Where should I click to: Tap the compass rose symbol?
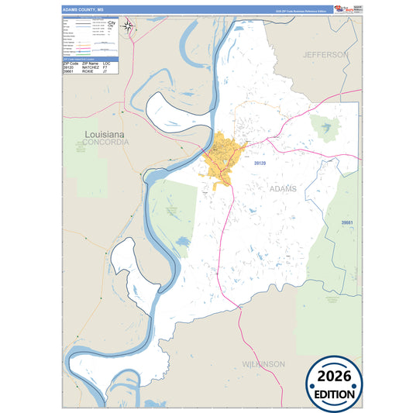[x=129, y=28]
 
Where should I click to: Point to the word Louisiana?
[x=105, y=135]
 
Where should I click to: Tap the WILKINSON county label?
[x=261, y=363]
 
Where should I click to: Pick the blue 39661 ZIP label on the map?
[x=348, y=223]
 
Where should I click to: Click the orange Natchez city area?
[x=222, y=159]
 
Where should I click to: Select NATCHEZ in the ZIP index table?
[x=90, y=67]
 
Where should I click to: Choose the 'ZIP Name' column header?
[x=90, y=63]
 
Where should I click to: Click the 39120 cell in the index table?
[x=68, y=67]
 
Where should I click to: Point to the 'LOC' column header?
[x=109, y=63]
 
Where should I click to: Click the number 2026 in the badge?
[x=335, y=377]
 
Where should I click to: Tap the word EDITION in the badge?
[x=335, y=393]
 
